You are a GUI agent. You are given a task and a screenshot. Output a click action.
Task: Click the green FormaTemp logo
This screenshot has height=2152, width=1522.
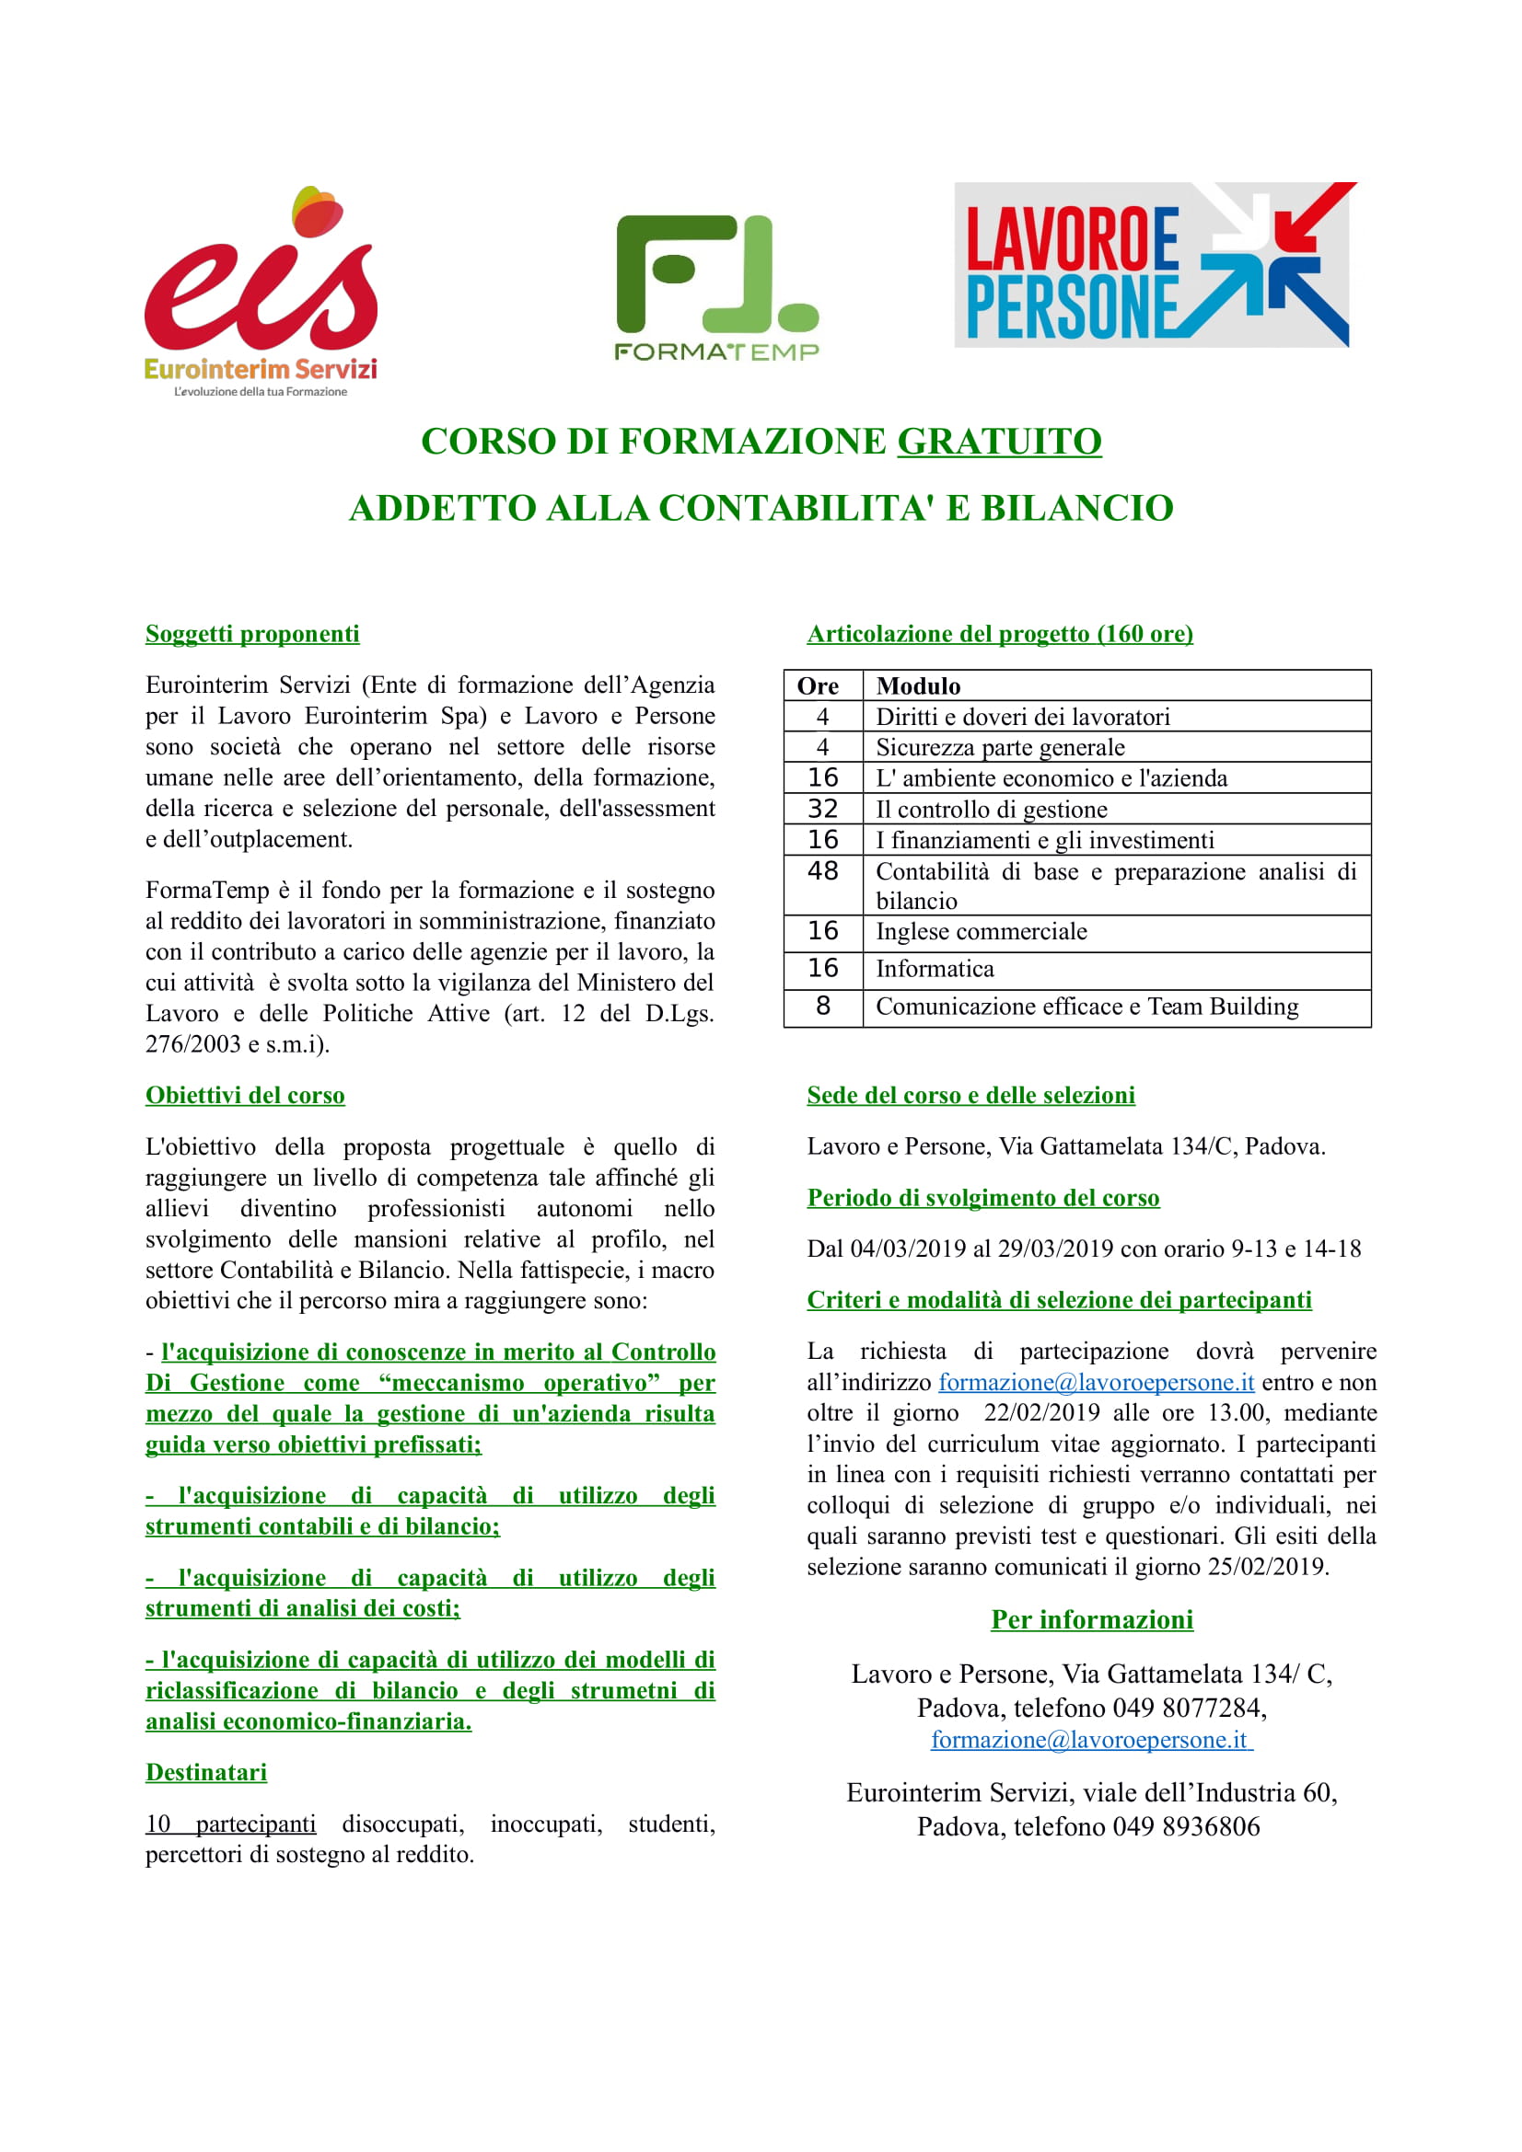tap(716, 287)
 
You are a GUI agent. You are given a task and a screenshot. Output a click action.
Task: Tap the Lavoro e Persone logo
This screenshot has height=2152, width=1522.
tap(1155, 264)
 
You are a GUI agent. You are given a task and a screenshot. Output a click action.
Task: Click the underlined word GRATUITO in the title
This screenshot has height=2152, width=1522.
tap(999, 442)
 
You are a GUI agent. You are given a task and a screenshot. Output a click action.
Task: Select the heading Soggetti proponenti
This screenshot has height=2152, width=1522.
tap(252, 634)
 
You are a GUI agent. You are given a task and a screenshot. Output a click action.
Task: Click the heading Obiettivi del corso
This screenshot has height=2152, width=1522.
tap(245, 1095)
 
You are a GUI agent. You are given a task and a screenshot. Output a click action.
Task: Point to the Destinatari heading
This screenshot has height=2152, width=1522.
tap(206, 1771)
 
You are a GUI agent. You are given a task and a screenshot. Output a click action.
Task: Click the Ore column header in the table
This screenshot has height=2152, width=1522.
tap(818, 685)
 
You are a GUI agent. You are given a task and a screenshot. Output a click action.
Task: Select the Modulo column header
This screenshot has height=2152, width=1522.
tap(918, 685)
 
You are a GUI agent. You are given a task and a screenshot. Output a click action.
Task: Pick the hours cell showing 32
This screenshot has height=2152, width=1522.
tap(822, 809)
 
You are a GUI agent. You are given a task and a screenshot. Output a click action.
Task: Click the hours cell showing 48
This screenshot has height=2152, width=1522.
tap(822, 870)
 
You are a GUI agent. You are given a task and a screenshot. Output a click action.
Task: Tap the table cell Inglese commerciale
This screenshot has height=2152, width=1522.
tap(981, 931)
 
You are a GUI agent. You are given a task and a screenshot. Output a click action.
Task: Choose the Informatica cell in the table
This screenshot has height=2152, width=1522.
tap(935, 968)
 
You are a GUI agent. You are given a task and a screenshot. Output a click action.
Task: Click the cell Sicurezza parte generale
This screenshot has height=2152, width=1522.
tap(1000, 747)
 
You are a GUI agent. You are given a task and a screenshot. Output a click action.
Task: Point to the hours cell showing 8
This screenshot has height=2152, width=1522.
tap(822, 1006)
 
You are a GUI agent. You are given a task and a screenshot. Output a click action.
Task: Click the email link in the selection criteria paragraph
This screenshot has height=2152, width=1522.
tap(1096, 1382)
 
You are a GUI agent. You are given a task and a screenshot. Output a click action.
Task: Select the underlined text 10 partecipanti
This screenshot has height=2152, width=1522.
tap(231, 1823)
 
